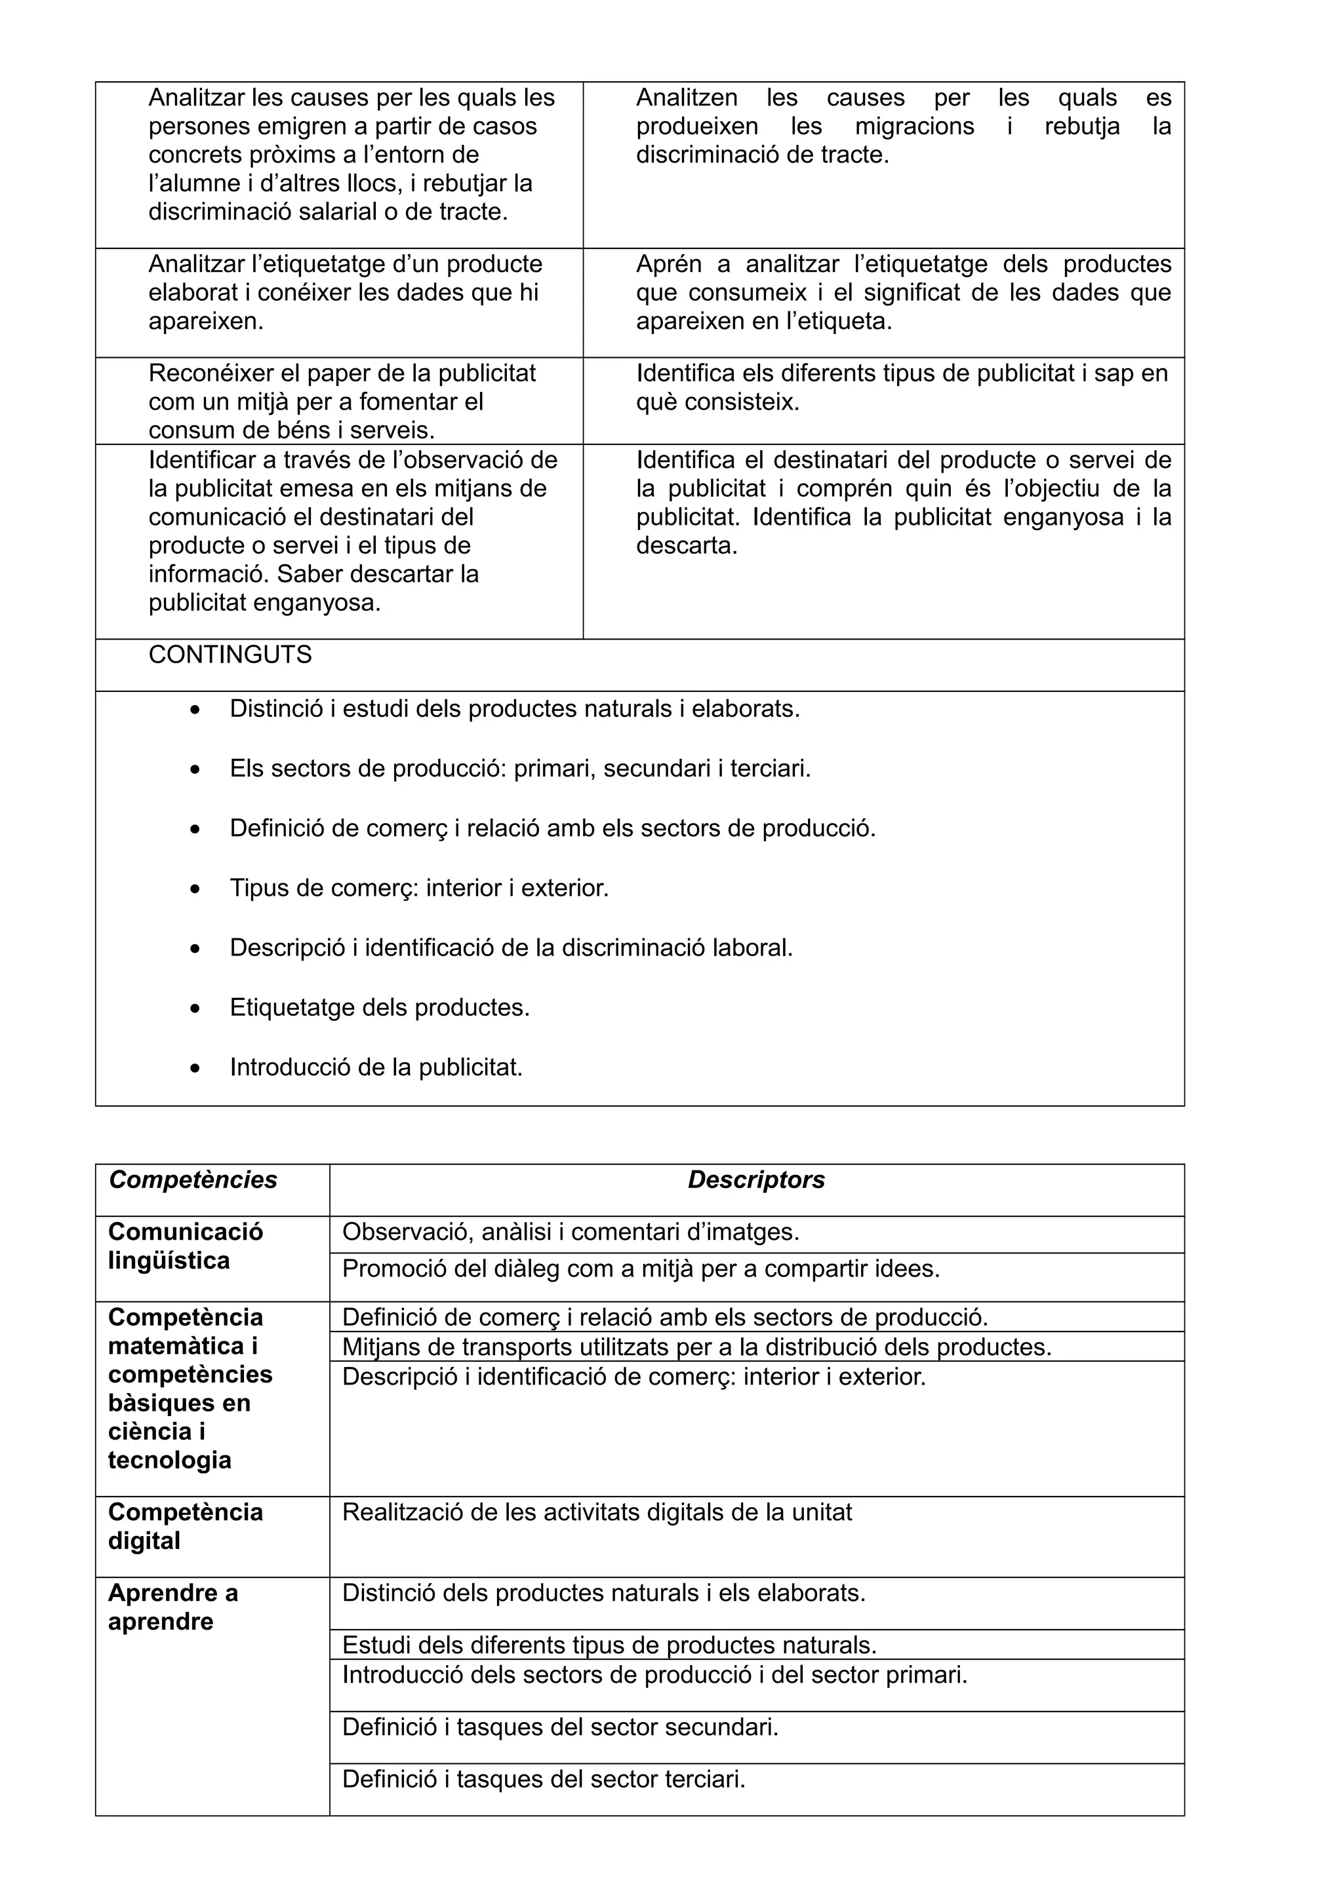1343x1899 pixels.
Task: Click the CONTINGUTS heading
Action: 230,655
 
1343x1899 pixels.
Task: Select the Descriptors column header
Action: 755,1180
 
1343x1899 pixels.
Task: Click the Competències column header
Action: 193,1180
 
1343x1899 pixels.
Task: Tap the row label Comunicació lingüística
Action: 186,1246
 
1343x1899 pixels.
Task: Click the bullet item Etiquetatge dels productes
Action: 379,1007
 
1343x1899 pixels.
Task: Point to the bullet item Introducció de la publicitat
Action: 376,1067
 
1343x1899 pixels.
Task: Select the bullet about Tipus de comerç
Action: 419,889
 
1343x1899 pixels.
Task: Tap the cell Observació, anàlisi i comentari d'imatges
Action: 571,1233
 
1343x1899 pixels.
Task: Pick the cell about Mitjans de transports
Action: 696,1347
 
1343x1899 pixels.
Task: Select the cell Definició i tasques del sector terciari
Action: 544,1779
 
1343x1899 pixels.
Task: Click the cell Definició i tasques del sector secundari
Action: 560,1727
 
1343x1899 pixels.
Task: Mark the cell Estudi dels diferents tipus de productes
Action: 609,1645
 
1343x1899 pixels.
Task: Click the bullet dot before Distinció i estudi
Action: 195,710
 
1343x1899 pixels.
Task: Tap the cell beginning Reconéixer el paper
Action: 342,401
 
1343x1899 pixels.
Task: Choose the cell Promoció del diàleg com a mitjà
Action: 641,1269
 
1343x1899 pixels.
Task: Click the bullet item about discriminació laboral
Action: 511,948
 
